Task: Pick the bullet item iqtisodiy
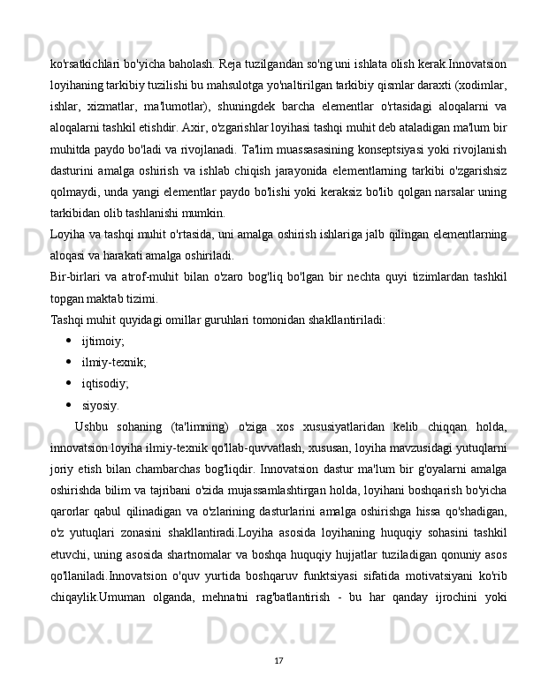click(x=105, y=384)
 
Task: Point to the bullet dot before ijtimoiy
click(x=68, y=340)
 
